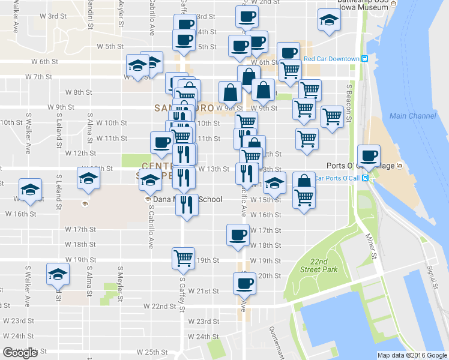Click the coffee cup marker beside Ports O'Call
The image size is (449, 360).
click(369, 156)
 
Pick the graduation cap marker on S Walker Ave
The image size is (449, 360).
click(29, 190)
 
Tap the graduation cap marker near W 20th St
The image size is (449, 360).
click(58, 275)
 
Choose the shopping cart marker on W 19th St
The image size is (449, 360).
click(182, 258)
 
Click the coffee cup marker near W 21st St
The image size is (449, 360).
click(243, 283)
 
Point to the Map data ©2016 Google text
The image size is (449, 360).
click(412, 355)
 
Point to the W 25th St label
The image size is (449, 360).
click(151, 352)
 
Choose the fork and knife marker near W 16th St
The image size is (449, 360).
click(186, 205)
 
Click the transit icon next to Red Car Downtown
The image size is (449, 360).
click(364, 59)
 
